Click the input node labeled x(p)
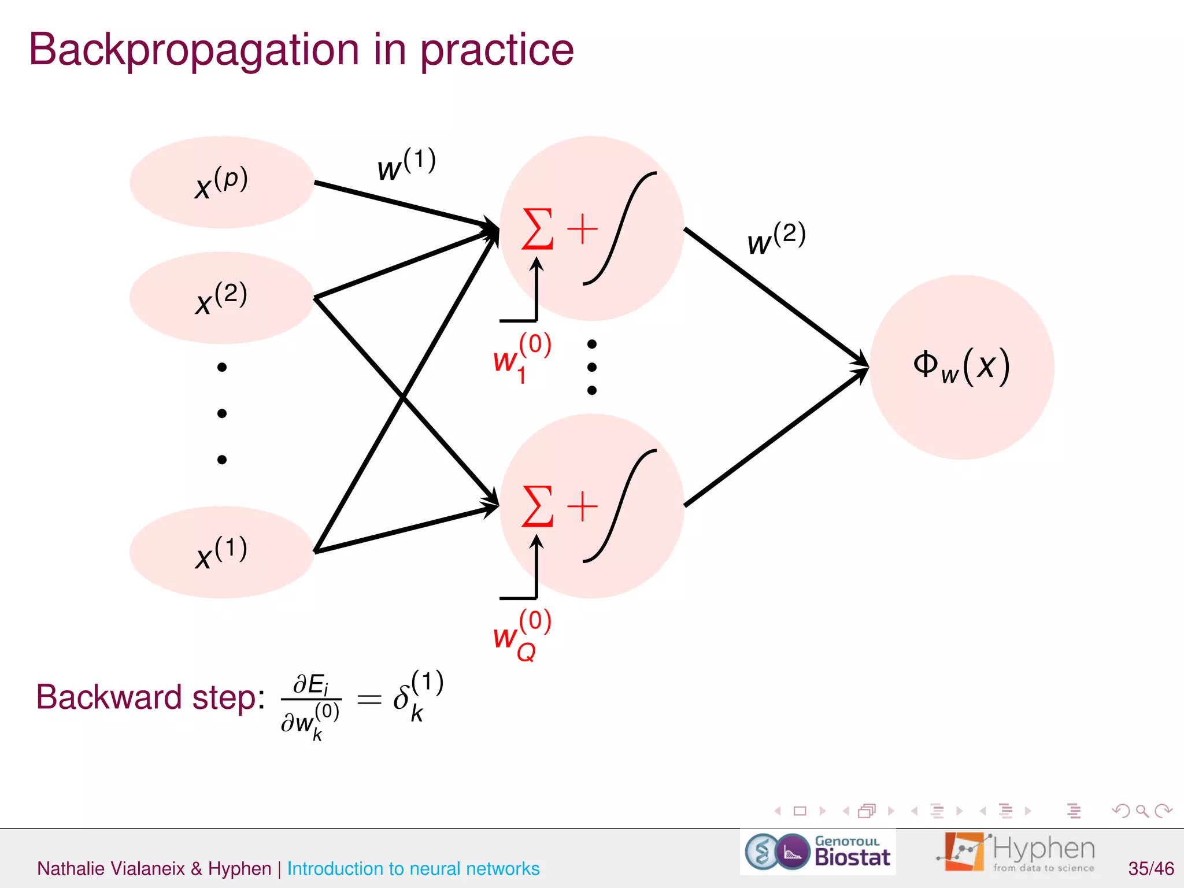coord(221,182)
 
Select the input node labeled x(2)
coord(221,298)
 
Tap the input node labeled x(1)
coord(221,552)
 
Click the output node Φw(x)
coord(961,367)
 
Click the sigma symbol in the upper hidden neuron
coord(537,230)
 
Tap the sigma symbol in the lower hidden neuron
coord(537,507)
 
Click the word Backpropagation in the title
coord(194,51)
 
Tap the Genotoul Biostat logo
coord(817,852)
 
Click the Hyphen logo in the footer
coord(1016,852)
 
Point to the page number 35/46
coord(1150,868)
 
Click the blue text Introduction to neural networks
coord(413,868)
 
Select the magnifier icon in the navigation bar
coord(1142,811)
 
